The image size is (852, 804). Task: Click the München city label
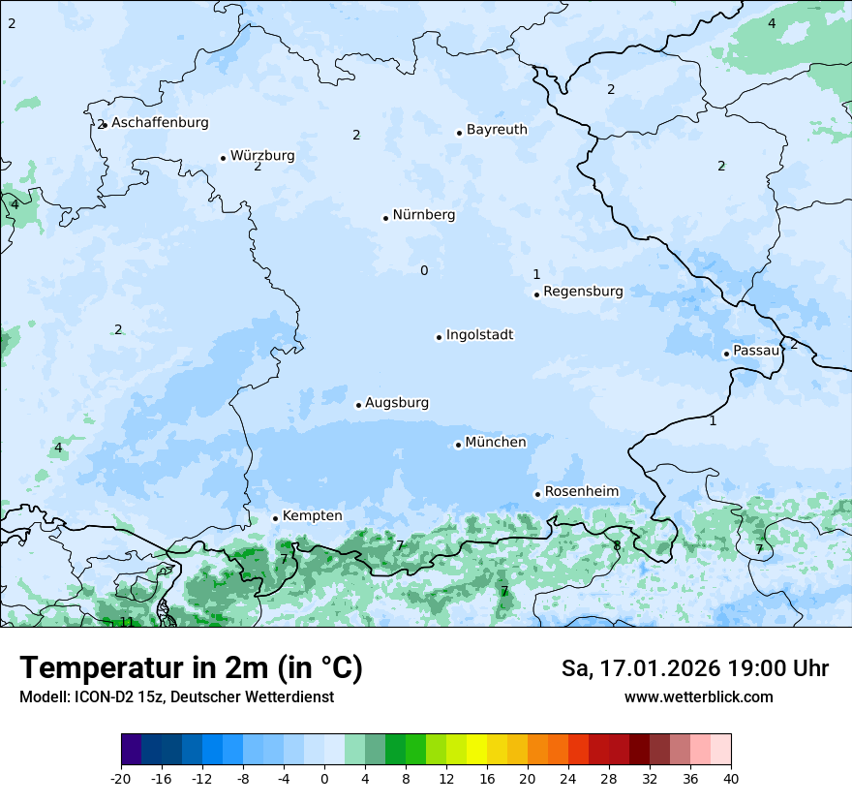click(496, 443)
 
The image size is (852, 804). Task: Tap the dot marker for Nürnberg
click(385, 218)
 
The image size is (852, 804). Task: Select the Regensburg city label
click(583, 292)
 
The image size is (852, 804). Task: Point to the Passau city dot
click(726, 354)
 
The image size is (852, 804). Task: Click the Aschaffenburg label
click(160, 123)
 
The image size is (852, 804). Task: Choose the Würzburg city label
click(262, 156)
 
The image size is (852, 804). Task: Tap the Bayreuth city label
click(497, 130)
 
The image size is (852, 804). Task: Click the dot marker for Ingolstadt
click(439, 337)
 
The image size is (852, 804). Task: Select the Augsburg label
click(397, 403)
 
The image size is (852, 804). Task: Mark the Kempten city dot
click(275, 518)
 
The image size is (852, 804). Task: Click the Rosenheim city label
click(581, 492)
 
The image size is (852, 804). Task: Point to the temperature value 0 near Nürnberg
click(424, 270)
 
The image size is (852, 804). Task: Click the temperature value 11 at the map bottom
click(126, 622)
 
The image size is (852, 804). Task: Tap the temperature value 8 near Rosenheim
click(617, 546)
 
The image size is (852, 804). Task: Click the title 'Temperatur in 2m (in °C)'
click(191, 668)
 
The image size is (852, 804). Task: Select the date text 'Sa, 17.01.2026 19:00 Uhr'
click(694, 668)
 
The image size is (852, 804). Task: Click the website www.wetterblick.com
click(698, 697)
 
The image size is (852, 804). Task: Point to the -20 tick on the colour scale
click(121, 778)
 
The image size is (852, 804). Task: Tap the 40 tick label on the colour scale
click(731, 778)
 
